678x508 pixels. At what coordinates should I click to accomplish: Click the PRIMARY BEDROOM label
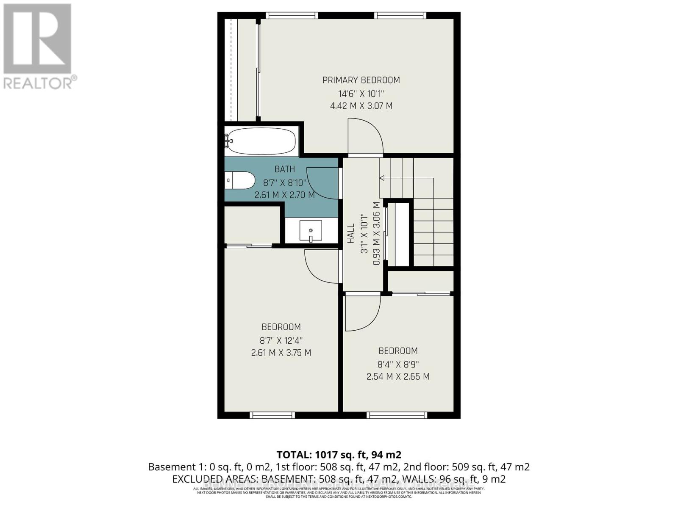(361, 80)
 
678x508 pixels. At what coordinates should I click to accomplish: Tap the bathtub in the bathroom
(261, 141)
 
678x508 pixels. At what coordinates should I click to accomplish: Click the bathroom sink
(311, 231)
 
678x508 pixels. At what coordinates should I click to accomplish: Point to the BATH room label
(285, 169)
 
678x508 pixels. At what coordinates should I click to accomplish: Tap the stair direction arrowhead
(382, 178)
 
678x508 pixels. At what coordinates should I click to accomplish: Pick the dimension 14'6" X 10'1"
(361, 93)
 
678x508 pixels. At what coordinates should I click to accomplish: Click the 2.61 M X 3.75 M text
(281, 353)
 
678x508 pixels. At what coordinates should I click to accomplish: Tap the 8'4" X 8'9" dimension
(398, 364)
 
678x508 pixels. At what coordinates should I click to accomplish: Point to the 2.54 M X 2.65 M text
(398, 376)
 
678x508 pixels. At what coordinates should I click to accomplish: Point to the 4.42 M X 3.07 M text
(361, 106)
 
